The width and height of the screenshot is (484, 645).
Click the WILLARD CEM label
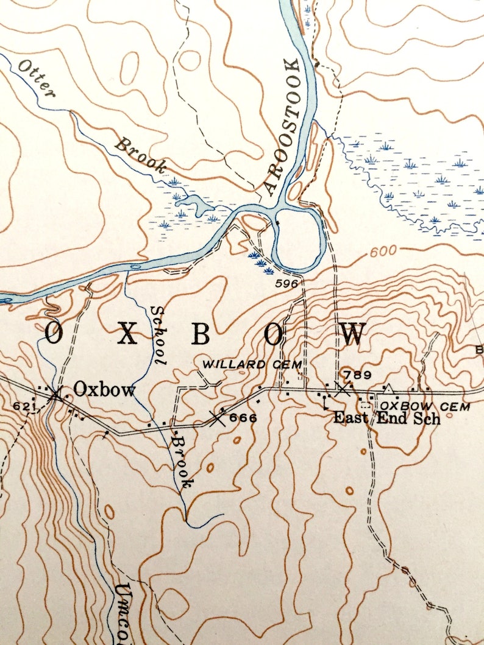252,364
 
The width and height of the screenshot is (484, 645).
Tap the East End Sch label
386,418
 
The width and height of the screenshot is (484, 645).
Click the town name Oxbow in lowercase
104,390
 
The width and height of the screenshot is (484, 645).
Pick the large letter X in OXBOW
127,334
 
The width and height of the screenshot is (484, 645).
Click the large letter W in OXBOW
353,334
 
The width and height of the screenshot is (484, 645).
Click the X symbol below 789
342,389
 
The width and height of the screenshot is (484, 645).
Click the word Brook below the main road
182,460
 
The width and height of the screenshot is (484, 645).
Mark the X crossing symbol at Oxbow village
56,394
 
